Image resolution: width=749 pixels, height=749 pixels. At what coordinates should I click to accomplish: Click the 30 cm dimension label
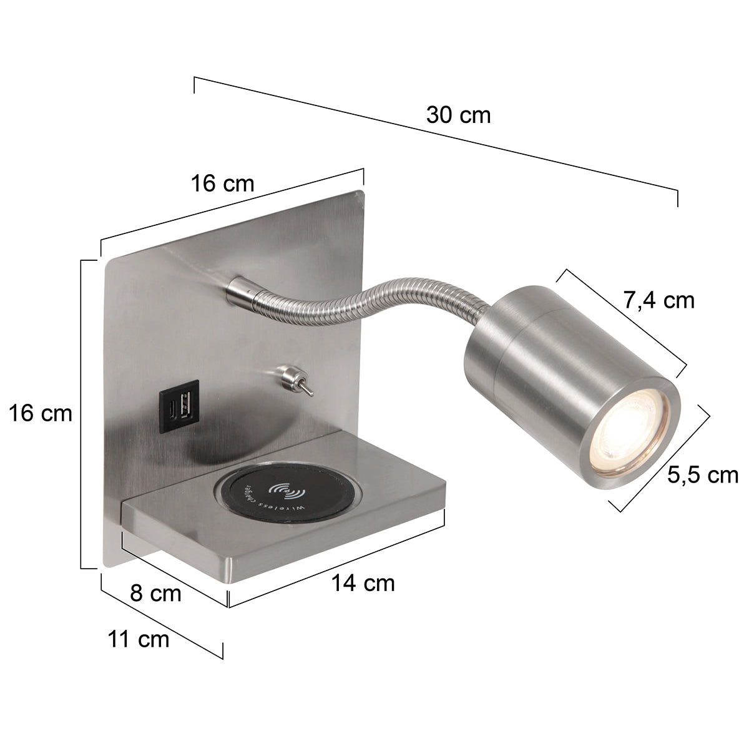coord(458,115)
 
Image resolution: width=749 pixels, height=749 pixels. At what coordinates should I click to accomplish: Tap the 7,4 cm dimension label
coord(659,300)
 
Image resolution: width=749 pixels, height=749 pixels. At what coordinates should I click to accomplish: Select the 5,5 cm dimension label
coord(703,475)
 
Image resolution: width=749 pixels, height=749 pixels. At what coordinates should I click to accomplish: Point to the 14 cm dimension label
coord(363,583)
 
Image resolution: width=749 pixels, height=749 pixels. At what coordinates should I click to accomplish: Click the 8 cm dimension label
coord(155,593)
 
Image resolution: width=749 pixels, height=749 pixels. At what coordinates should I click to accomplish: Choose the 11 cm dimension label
coord(138,639)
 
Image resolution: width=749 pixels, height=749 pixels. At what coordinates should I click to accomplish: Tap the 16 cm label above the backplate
coord(223,184)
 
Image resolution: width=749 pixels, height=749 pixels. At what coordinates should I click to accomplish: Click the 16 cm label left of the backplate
coord(40,413)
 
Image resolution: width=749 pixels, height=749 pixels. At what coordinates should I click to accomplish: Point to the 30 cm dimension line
coord(437,141)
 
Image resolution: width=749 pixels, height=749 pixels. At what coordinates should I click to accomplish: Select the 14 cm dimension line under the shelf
coord(337,559)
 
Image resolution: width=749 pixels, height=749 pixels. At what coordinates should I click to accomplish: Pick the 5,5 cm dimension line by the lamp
coord(665,458)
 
